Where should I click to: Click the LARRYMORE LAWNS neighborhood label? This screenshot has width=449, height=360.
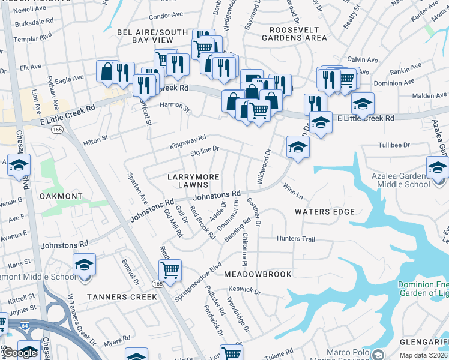pyautogui.click(x=192, y=181)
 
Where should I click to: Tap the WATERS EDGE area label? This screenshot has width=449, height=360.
pyautogui.click(x=325, y=212)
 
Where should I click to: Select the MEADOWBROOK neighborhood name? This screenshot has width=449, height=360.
pyautogui.click(x=258, y=274)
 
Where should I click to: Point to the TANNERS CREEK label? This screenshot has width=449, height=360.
pyautogui.click(x=122, y=297)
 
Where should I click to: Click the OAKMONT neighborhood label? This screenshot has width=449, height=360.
pyautogui.click(x=61, y=196)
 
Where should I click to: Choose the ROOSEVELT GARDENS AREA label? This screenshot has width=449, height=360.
pyautogui.click(x=298, y=34)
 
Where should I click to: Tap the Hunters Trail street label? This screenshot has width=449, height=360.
pyautogui.click(x=295, y=239)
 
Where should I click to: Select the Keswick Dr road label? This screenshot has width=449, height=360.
pyautogui.click(x=244, y=291)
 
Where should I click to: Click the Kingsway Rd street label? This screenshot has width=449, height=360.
pyautogui.click(x=187, y=142)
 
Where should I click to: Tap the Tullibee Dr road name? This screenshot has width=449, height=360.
pyautogui.click(x=394, y=145)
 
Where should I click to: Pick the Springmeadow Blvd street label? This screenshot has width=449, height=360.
pyautogui.click(x=198, y=281)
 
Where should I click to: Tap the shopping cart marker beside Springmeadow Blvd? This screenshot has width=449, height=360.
pyautogui.click(x=170, y=269)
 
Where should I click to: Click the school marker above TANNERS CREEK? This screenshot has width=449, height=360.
pyautogui.click(x=84, y=264)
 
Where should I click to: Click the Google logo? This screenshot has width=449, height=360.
pyautogui.click(x=20, y=353)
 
